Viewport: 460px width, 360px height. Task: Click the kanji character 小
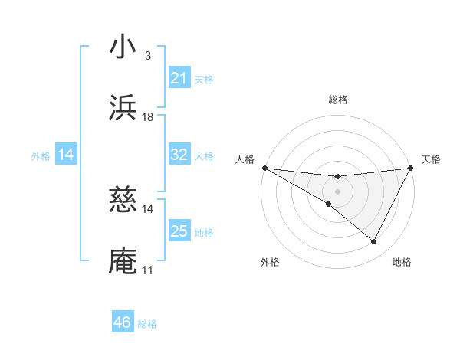(123, 48)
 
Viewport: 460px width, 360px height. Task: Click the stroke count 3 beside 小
(148, 56)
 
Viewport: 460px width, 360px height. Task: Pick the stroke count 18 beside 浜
(148, 117)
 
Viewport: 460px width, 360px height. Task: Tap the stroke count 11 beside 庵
(148, 270)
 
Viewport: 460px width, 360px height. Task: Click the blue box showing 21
(179, 77)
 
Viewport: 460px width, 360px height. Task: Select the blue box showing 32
(179, 155)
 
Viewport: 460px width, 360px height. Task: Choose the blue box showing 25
(179, 231)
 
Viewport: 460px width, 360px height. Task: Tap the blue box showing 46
(123, 322)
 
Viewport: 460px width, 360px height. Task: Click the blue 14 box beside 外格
(66, 155)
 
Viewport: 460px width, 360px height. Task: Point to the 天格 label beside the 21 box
(204, 79)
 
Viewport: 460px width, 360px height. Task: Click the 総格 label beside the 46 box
(147, 324)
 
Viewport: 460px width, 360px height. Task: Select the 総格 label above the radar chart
(338, 100)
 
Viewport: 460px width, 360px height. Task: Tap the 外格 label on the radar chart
(270, 263)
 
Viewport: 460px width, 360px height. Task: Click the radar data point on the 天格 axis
(411, 168)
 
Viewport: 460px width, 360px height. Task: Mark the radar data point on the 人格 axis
(264, 168)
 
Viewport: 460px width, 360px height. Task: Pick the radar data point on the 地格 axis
(374, 242)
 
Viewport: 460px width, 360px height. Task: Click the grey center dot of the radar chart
(337, 191)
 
